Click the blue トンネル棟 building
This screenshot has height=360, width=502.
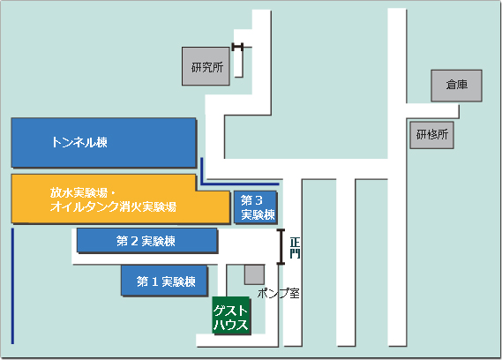click(104, 143)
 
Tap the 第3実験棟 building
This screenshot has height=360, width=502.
click(256, 206)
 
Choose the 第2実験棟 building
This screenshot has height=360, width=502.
click(147, 241)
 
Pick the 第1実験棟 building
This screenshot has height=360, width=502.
click(165, 281)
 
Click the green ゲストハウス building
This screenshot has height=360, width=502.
click(231, 316)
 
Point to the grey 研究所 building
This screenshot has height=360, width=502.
click(206, 66)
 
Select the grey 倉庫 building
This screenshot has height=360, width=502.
click(456, 86)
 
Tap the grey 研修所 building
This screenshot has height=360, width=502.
click(432, 135)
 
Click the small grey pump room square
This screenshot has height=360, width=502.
click(254, 274)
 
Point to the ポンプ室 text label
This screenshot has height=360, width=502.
click(279, 293)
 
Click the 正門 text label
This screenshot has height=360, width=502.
click(295, 248)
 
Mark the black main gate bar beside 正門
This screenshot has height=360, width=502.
click(281, 247)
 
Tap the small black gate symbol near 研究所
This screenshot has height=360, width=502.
click(237, 47)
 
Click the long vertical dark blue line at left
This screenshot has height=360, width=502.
click(13, 286)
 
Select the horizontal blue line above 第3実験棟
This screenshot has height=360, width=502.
click(240, 184)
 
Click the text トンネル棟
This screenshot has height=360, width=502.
click(79, 142)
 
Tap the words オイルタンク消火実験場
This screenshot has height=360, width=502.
click(113, 206)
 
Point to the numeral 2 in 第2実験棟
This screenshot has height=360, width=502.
click(135, 241)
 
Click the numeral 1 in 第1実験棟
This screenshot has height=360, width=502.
click(155, 281)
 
